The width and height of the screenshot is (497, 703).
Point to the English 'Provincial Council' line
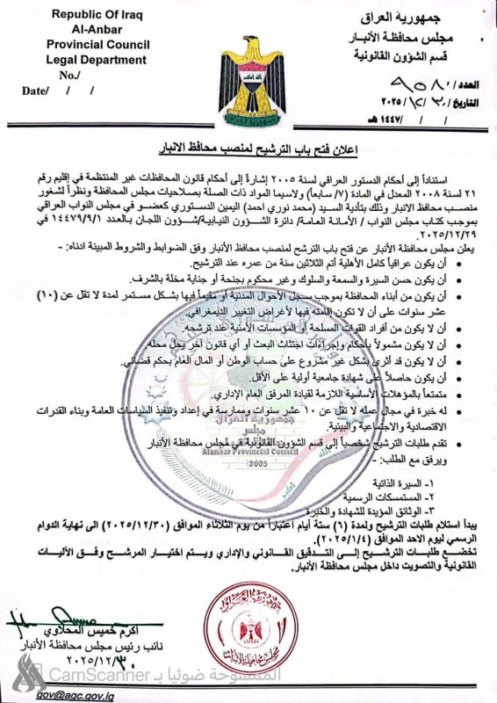click(x=97, y=45)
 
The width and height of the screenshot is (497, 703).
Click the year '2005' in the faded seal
click(x=258, y=463)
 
